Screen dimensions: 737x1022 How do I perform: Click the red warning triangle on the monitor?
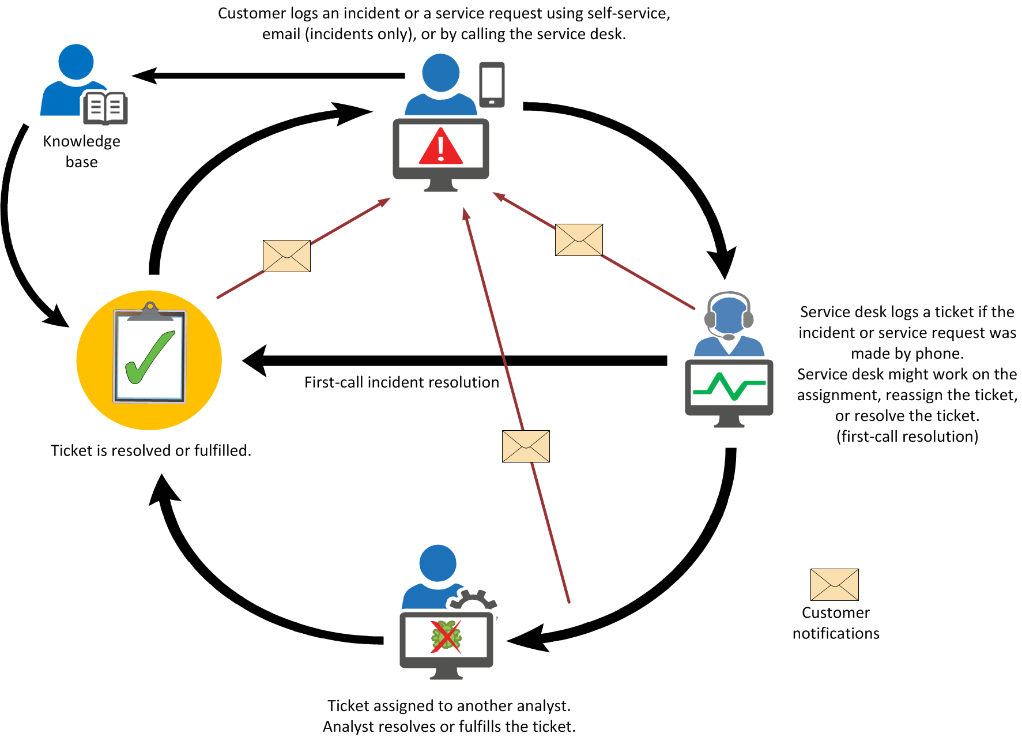[440, 148]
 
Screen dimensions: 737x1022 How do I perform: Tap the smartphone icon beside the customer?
[492, 84]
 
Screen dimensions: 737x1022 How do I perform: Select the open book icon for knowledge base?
[105, 107]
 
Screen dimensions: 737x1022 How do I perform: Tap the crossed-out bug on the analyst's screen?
[446, 637]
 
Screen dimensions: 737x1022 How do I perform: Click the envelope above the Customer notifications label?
[834, 584]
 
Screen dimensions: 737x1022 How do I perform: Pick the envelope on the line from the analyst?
[526, 446]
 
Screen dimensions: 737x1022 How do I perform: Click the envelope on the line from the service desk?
[579, 239]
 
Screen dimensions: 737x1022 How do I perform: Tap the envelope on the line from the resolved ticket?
[286, 255]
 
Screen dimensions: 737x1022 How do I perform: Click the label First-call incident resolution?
[401, 382]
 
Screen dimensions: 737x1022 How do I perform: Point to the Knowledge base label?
[81, 151]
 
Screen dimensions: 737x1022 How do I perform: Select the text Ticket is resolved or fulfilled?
[150, 450]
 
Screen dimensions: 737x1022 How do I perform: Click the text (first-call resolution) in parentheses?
[907, 437]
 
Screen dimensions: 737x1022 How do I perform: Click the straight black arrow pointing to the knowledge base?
[268, 76]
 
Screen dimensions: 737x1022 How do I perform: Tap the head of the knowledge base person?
[76, 62]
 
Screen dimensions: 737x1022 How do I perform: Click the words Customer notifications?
[835, 623]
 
